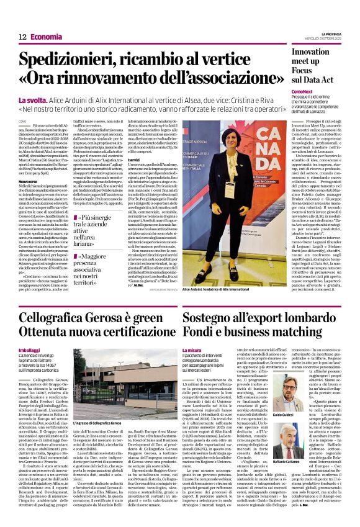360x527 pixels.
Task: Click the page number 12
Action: point(22,37)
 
